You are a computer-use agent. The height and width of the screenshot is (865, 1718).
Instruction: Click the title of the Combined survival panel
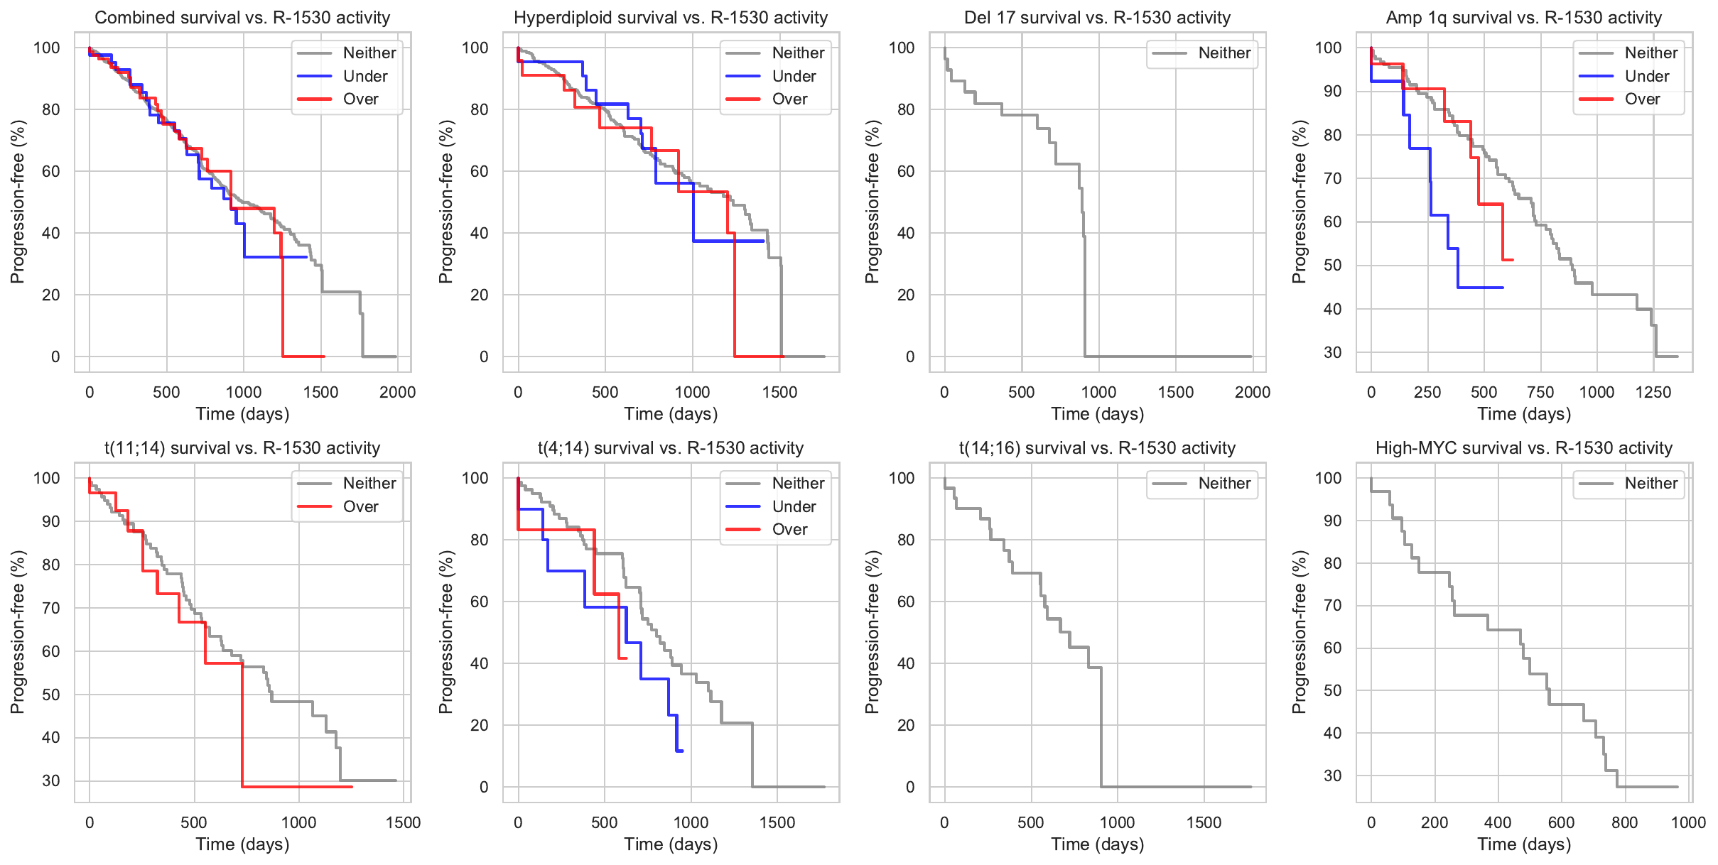(242, 18)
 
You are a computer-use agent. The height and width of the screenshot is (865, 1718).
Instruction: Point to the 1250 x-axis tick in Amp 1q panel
(1653, 393)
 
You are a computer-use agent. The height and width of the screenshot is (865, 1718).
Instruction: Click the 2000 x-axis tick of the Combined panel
(397, 393)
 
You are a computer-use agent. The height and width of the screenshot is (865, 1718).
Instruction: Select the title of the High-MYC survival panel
(1523, 448)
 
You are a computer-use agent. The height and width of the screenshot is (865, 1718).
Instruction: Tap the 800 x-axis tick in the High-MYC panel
(1624, 823)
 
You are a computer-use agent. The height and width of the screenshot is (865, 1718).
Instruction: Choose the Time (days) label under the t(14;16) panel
(1097, 844)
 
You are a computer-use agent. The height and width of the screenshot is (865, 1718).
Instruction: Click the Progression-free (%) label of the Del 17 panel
(872, 202)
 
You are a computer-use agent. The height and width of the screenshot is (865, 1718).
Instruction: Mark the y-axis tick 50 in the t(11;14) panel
(51, 695)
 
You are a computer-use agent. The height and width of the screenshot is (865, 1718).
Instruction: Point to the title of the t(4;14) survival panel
(670, 448)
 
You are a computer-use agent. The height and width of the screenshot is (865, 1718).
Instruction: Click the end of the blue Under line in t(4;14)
(682, 751)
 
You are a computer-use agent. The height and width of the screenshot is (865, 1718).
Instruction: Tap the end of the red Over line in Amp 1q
(1513, 260)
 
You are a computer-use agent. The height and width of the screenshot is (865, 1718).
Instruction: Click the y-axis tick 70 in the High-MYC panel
(1332, 606)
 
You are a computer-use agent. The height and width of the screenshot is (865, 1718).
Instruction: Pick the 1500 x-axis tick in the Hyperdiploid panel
(779, 393)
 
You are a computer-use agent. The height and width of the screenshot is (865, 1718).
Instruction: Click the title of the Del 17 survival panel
(1097, 18)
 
